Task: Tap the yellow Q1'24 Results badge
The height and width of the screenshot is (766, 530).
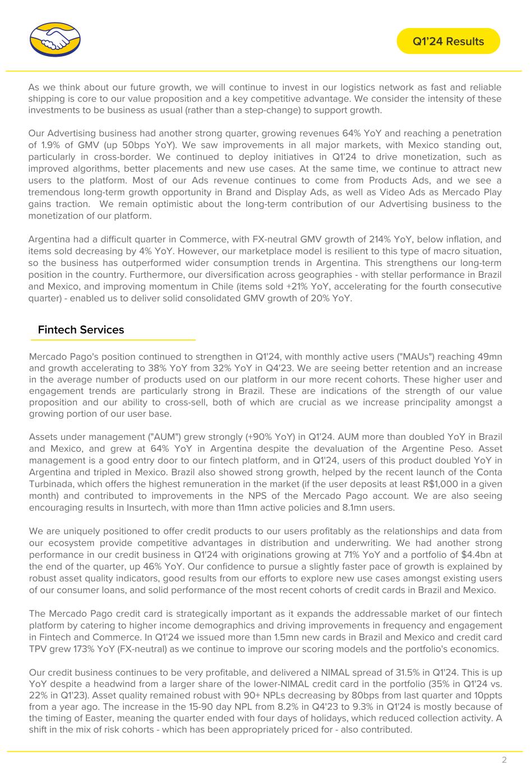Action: [448, 41]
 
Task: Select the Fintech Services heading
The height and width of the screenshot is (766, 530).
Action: [81, 330]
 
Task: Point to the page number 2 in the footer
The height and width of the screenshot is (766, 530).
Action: [504, 760]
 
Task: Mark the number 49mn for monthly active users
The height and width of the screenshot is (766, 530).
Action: [489, 356]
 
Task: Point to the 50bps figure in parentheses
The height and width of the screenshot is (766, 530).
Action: [132, 145]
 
